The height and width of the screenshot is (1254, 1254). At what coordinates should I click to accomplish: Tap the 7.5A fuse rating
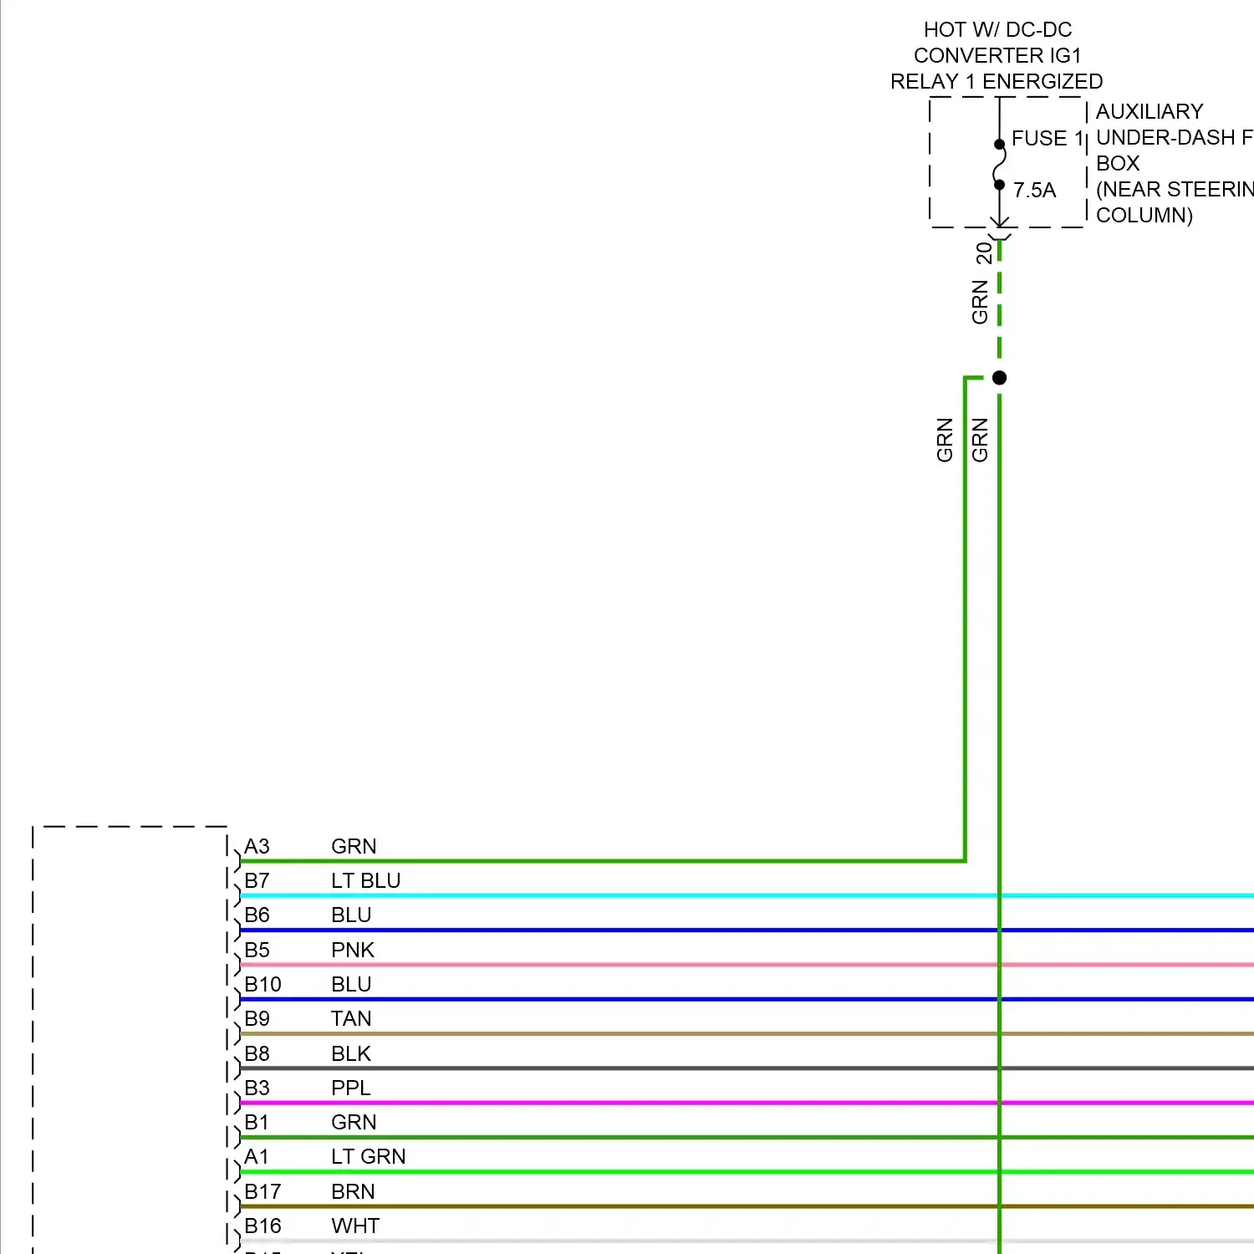pos(1034,191)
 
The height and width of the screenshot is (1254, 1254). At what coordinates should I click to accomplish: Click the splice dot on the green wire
pos(999,378)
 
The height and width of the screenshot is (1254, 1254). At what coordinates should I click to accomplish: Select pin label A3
pos(257,846)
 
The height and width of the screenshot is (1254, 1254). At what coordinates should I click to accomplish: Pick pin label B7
pos(257,880)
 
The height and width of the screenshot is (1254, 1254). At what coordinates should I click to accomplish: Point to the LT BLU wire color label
pos(365,880)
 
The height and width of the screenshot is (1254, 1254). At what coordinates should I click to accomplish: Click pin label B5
pos(257,950)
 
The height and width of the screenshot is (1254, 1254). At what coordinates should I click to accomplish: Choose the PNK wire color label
pos(352,950)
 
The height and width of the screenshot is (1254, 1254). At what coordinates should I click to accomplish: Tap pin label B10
pos(263,984)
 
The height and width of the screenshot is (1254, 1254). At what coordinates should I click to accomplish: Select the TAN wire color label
pos(350,1018)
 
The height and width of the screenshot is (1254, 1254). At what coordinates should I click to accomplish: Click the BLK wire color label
pos(350,1053)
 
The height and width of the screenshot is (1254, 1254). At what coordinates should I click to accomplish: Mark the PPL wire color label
pos(350,1088)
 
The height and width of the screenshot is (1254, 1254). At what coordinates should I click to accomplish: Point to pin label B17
pos(263,1191)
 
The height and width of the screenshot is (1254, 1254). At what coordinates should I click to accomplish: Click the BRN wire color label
pos(352,1191)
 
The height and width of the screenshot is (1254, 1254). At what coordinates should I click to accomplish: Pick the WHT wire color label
pos(354,1226)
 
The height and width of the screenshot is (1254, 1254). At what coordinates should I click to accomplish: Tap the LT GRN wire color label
pos(368,1156)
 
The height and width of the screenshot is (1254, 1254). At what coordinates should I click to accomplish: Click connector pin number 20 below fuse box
pos(984,252)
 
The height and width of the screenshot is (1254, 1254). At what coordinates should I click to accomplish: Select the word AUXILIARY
pos(1149,111)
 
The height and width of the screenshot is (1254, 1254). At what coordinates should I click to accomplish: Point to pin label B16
pos(263,1226)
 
